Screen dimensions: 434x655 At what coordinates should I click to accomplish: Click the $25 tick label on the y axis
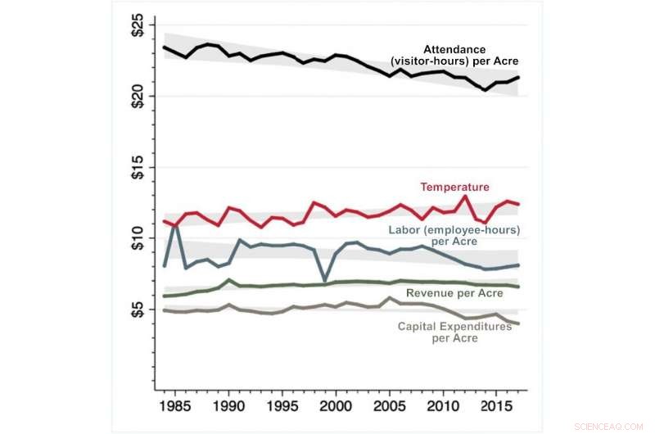[x=137, y=25]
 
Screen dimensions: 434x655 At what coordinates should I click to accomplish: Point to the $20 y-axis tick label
[x=137, y=97]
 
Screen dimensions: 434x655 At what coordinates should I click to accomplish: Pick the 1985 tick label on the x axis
[x=175, y=406]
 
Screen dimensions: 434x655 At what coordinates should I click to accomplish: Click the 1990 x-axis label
[x=228, y=406]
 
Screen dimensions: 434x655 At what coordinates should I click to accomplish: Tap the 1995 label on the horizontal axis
[x=282, y=406]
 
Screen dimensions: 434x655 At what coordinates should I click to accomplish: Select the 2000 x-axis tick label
[x=336, y=406]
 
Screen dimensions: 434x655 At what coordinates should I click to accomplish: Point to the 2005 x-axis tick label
[x=389, y=406]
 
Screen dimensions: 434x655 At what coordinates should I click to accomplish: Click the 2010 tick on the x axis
[x=443, y=406]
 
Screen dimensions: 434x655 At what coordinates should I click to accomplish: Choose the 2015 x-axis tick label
[x=496, y=406]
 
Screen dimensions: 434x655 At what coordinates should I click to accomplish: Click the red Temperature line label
[x=454, y=188]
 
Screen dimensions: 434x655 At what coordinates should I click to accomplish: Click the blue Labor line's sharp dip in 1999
[x=325, y=280]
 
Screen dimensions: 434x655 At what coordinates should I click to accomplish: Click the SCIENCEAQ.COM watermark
[x=610, y=425]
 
